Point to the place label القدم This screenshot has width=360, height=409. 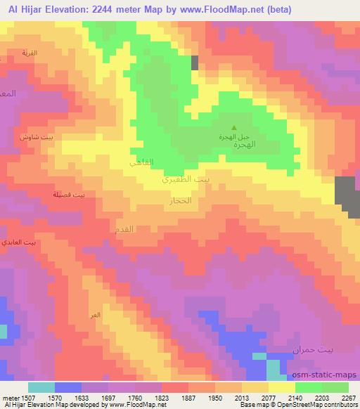(x=124, y=229)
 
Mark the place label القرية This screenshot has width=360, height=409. (x=30, y=53)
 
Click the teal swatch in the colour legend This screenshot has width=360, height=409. (x=41, y=387)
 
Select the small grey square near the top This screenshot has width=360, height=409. (x=195, y=63)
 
